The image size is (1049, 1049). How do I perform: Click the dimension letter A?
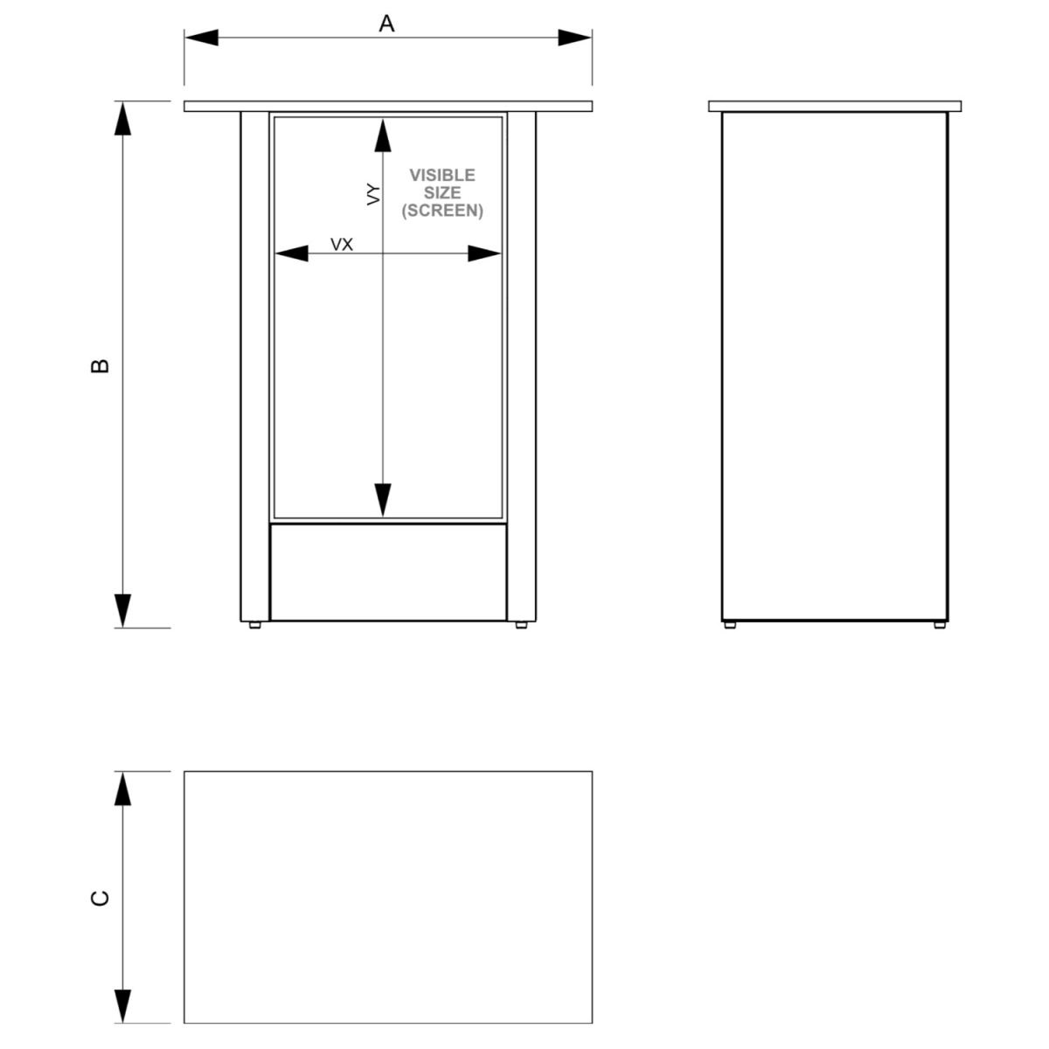[386, 24]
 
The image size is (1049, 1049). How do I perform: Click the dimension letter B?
[100, 365]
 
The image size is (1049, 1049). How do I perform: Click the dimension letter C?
[100, 899]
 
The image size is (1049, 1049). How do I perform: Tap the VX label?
[342, 245]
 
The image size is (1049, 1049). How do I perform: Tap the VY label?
[373, 194]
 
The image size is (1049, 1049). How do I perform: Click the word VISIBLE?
[442, 176]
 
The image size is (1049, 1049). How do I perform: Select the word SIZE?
[442, 192]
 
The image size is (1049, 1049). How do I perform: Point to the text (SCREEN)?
[442, 210]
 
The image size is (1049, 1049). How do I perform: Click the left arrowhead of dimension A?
[201, 38]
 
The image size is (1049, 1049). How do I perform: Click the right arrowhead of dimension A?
[575, 38]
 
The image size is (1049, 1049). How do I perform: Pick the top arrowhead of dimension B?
[123, 118]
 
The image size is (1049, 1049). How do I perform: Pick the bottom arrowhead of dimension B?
[123, 611]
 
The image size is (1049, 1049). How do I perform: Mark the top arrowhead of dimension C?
[123, 788]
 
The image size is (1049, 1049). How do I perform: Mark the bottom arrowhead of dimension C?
[123, 1006]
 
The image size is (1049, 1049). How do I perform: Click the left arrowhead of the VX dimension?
[292, 254]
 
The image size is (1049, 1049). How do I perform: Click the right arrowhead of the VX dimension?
[484, 254]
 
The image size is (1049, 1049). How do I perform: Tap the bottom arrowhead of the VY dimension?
[383, 500]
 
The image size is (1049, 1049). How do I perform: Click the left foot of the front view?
[254, 625]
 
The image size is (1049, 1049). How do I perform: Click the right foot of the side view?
[940, 625]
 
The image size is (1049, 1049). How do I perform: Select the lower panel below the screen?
[388, 572]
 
